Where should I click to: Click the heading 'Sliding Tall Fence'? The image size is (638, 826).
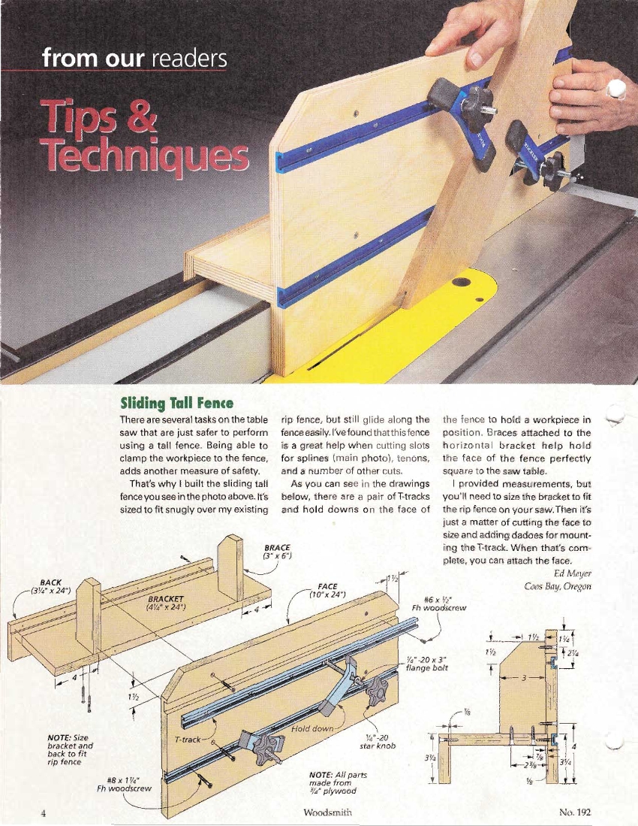[176, 404]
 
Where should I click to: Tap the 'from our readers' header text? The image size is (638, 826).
[134, 58]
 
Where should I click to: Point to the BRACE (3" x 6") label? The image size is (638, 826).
[277, 552]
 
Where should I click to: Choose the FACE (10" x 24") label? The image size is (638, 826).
[327, 590]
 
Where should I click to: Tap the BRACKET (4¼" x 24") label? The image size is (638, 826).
[166, 603]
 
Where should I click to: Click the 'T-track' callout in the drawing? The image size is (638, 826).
[187, 740]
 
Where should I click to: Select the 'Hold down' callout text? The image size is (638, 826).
[312, 728]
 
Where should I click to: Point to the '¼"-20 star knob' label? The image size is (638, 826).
[377, 742]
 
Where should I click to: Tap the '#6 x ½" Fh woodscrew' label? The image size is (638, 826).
[438, 604]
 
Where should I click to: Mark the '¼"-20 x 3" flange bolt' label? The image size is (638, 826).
[426, 664]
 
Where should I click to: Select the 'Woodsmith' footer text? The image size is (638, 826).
[328, 812]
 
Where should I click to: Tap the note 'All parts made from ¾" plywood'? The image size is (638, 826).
[338, 783]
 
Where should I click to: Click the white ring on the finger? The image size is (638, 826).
[616, 89]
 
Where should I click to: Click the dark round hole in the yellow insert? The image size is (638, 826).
[461, 281]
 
